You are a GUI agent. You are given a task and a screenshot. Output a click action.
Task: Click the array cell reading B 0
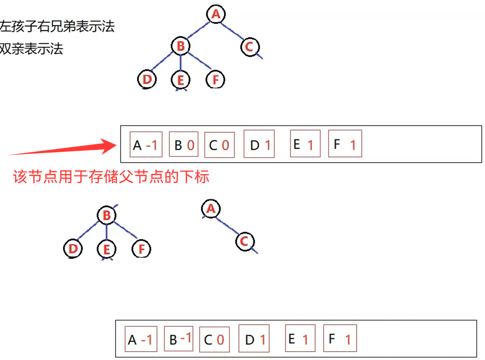(x=183, y=145)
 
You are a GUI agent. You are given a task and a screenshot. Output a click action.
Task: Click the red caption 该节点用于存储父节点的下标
(x=111, y=177)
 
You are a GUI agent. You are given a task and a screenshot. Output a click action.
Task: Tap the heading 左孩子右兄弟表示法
(x=57, y=26)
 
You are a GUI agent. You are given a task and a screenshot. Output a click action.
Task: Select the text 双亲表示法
(x=32, y=49)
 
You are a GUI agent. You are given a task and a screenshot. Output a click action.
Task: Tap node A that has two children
(x=215, y=14)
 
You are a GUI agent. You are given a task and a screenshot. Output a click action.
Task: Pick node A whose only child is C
(x=211, y=209)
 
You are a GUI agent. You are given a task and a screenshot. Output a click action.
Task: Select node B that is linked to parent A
(x=181, y=46)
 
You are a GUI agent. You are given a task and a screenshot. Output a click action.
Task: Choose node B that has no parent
(x=106, y=216)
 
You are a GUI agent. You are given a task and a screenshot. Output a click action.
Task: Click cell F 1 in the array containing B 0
(x=345, y=145)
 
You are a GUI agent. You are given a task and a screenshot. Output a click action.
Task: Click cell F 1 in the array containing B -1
(x=340, y=339)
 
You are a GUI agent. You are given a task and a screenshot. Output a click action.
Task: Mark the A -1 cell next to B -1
(x=141, y=339)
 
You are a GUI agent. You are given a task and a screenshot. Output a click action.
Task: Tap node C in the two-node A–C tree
(x=245, y=242)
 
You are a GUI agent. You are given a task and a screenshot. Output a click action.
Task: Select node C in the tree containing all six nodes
(x=249, y=47)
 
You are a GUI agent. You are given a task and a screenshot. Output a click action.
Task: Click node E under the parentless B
(x=106, y=250)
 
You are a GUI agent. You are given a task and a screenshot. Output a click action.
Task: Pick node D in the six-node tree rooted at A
(x=147, y=79)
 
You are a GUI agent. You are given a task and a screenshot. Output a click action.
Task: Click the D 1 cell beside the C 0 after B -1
(x=254, y=339)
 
